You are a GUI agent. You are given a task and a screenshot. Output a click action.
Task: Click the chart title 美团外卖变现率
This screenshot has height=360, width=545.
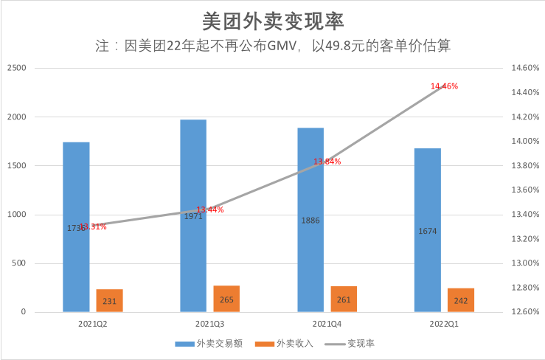click(x=272, y=18)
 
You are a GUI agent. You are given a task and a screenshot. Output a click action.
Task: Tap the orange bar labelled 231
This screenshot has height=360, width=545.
click(x=109, y=300)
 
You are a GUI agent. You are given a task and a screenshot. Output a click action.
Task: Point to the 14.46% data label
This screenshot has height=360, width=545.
click(x=445, y=86)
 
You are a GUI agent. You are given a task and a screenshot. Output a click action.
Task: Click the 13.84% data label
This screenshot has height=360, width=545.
click(x=327, y=162)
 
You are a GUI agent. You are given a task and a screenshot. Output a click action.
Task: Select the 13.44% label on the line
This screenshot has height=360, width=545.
click(x=210, y=210)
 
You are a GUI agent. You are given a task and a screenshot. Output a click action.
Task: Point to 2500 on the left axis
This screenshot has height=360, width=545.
click(x=16, y=68)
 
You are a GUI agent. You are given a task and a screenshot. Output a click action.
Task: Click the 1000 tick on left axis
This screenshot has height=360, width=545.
click(x=16, y=215)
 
